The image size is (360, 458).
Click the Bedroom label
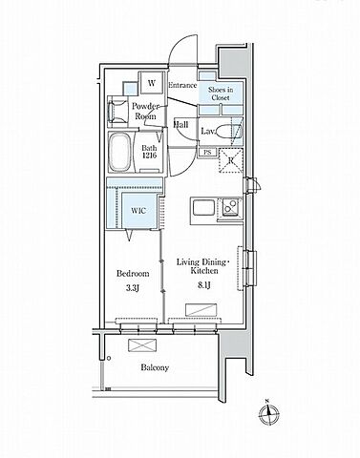(x=133, y=274)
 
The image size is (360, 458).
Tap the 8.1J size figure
(x=204, y=285)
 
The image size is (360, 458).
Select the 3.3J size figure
(x=133, y=288)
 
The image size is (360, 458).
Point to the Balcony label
(x=155, y=367)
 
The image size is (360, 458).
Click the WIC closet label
(x=138, y=211)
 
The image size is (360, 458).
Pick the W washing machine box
(x=152, y=83)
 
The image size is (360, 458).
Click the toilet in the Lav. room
(x=229, y=132)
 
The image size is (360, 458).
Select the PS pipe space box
(x=207, y=153)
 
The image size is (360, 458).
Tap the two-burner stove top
(x=230, y=206)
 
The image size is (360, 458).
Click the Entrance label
(x=182, y=85)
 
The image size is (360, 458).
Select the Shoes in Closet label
(x=221, y=94)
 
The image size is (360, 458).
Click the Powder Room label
(x=146, y=111)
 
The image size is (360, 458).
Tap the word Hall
(x=180, y=125)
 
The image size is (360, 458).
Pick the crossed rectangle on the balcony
(x=142, y=345)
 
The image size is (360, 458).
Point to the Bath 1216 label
(x=149, y=152)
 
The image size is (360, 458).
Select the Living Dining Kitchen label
(x=202, y=266)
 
